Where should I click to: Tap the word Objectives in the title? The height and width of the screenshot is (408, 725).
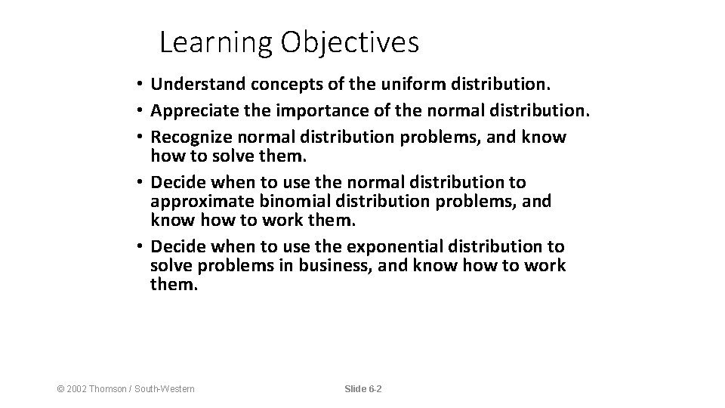pos(350,43)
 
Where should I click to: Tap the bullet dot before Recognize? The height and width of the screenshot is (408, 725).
pos(140,138)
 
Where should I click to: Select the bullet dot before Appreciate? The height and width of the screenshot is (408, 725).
pos(140,113)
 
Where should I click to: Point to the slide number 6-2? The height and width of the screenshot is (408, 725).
pos(374,388)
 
